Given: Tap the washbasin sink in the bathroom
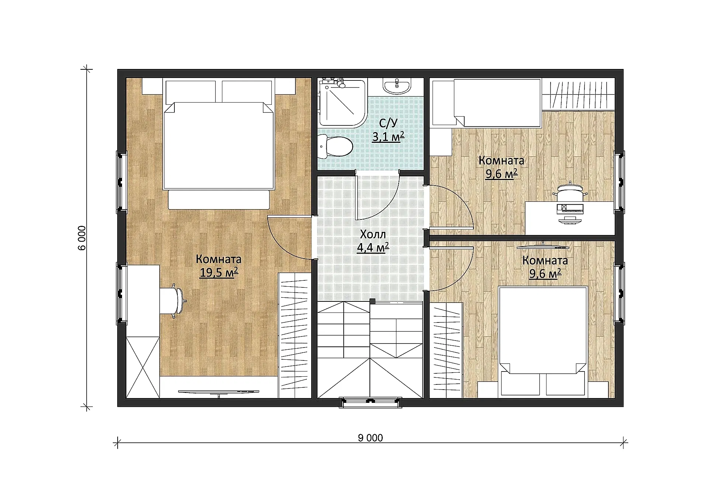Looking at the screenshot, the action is pos(397,87).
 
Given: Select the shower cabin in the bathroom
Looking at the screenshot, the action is pos(343,102).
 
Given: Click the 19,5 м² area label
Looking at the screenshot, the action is pos(219,273).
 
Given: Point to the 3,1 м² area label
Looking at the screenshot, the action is pos(388,137).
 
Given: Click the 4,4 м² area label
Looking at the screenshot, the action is pos(373,247).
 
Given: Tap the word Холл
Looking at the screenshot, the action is pos(373,234).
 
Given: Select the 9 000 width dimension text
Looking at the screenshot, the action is pos(370,438).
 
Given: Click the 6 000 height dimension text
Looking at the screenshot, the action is pos(82,238).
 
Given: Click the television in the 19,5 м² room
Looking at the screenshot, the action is pos(219,392).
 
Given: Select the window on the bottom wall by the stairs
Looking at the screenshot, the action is pos(371,402).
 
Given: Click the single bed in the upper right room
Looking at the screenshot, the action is pos(486,103).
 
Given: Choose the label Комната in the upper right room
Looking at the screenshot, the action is pos(502,160).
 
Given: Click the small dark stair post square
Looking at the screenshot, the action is pos(372,301).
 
